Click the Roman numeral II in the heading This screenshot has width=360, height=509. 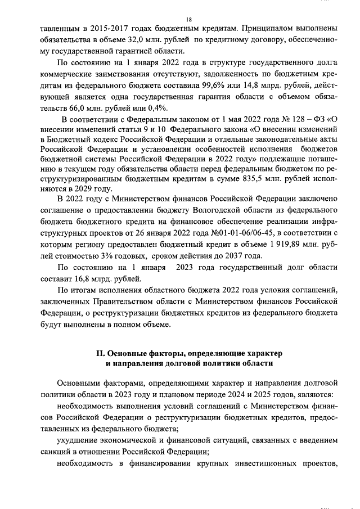[x=101, y=353]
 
